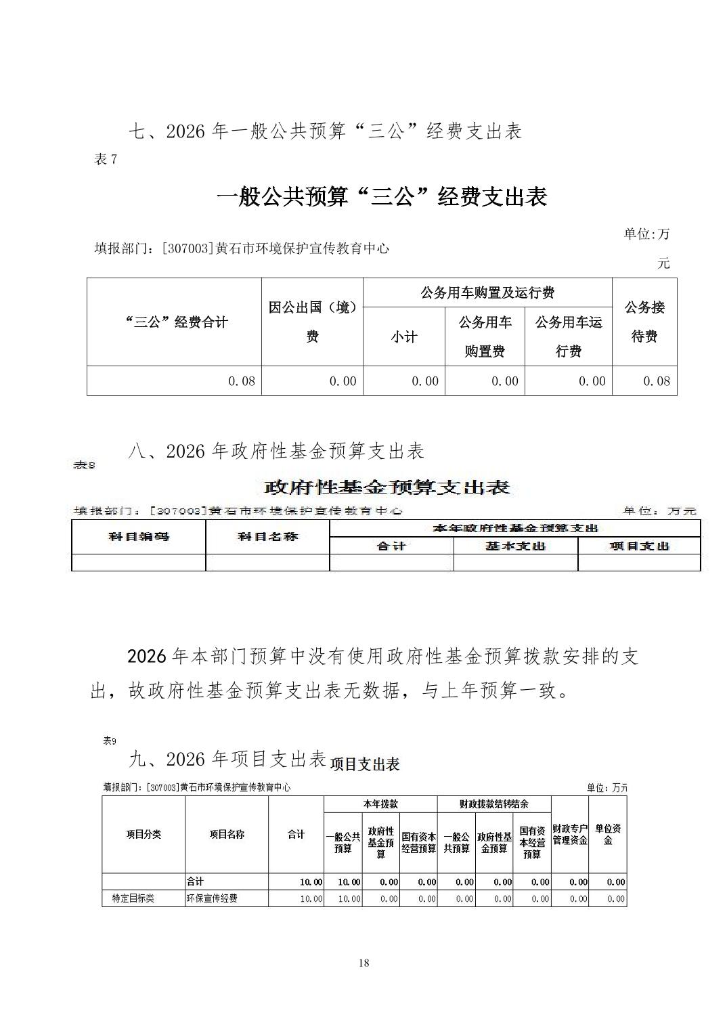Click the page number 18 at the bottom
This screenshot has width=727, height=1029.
tap(364, 963)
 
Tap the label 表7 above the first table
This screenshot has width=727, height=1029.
tap(106, 160)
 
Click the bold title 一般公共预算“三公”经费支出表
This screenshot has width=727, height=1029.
tap(381, 197)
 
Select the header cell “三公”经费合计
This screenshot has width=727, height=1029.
tap(175, 322)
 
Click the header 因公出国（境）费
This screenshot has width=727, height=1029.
tap(312, 322)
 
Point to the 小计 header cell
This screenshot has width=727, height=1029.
tap(403, 336)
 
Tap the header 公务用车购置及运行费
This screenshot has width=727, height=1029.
tap(487, 292)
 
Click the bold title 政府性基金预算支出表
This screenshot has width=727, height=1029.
tap(386, 487)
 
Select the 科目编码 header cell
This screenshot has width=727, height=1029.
tap(139, 537)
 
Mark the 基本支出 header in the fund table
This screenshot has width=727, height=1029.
tap(515, 546)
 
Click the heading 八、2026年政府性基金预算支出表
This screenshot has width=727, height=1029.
tap(276, 451)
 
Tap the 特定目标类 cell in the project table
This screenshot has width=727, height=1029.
tap(133, 898)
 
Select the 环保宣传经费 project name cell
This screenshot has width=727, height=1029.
tap(212, 898)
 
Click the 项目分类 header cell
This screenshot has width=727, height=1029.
tap(144, 834)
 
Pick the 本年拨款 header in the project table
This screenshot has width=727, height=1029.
tap(380, 804)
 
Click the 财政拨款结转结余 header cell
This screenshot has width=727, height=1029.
tap(493, 804)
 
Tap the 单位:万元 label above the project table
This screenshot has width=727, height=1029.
tap(607, 787)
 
